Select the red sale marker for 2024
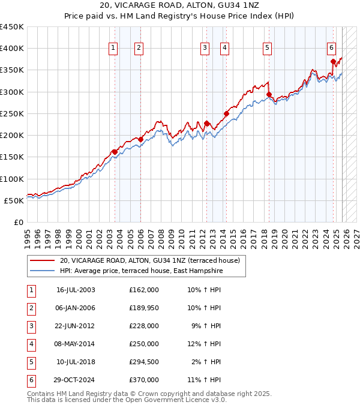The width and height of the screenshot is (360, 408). point(333,61)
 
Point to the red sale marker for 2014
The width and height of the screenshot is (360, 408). point(227,113)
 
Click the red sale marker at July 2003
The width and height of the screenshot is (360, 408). point(115,152)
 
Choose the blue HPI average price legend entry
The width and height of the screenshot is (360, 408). point(141,271)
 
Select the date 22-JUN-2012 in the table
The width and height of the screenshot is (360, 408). point(76,326)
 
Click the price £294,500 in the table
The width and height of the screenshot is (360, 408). point(144,362)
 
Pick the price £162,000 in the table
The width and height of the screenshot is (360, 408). point(144,290)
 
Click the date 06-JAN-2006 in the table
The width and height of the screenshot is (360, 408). point(76,308)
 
